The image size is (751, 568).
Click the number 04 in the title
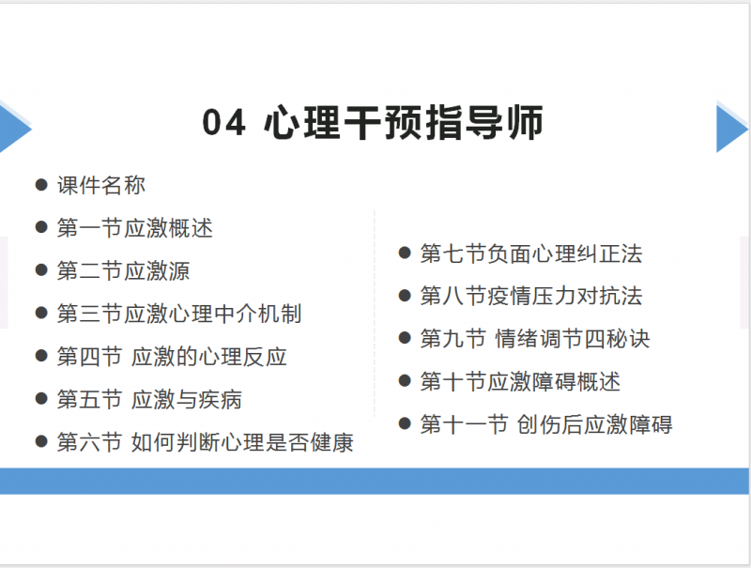click(x=223, y=123)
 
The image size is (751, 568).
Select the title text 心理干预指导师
click(x=404, y=123)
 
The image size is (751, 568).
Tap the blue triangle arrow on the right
click(x=731, y=129)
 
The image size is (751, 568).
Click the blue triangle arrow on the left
click(x=15, y=129)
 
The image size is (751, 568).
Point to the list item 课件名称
click(x=101, y=185)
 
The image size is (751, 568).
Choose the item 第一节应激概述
click(x=134, y=228)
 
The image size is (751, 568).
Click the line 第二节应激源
click(x=124, y=270)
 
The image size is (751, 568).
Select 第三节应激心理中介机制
click(x=179, y=314)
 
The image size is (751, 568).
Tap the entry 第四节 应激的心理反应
click(x=172, y=357)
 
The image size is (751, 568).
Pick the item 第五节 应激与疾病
click(x=149, y=399)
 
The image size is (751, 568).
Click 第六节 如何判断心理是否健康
click(x=205, y=442)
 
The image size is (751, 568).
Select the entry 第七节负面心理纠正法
click(x=531, y=253)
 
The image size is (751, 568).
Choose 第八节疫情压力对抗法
click(x=531, y=296)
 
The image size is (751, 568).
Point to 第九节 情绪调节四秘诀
click(x=535, y=339)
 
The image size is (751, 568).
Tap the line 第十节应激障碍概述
click(x=520, y=382)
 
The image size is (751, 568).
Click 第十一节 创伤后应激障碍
click(x=546, y=424)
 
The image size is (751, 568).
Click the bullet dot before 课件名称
click(x=41, y=185)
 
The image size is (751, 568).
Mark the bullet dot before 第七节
click(x=405, y=253)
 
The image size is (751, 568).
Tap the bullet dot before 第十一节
click(x=405, y=423)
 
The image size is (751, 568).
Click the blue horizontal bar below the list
click(x=375, y=482)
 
